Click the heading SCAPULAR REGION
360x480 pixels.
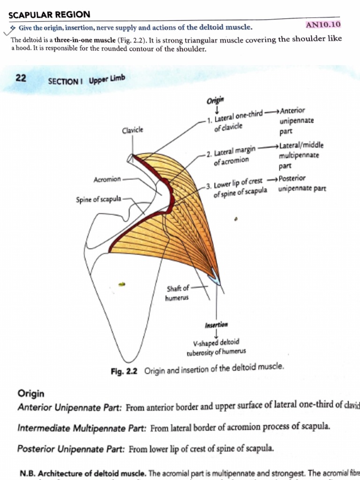tap(50, 15)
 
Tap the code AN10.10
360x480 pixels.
tap(322, 24)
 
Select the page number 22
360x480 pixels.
tap(21, 78)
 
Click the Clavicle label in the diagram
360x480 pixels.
tap(132, 130)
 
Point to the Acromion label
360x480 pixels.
tap(107, 179)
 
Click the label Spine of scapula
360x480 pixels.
tap(98, 199)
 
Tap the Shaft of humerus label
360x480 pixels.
tap(178, 292)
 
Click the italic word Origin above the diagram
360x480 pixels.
tap(216, 100)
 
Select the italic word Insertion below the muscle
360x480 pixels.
tap(216, 324)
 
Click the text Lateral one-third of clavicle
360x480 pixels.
tap(237, 120)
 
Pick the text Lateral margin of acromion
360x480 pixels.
tap(234, 156)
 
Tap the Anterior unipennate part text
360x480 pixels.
tap(295, 121)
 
